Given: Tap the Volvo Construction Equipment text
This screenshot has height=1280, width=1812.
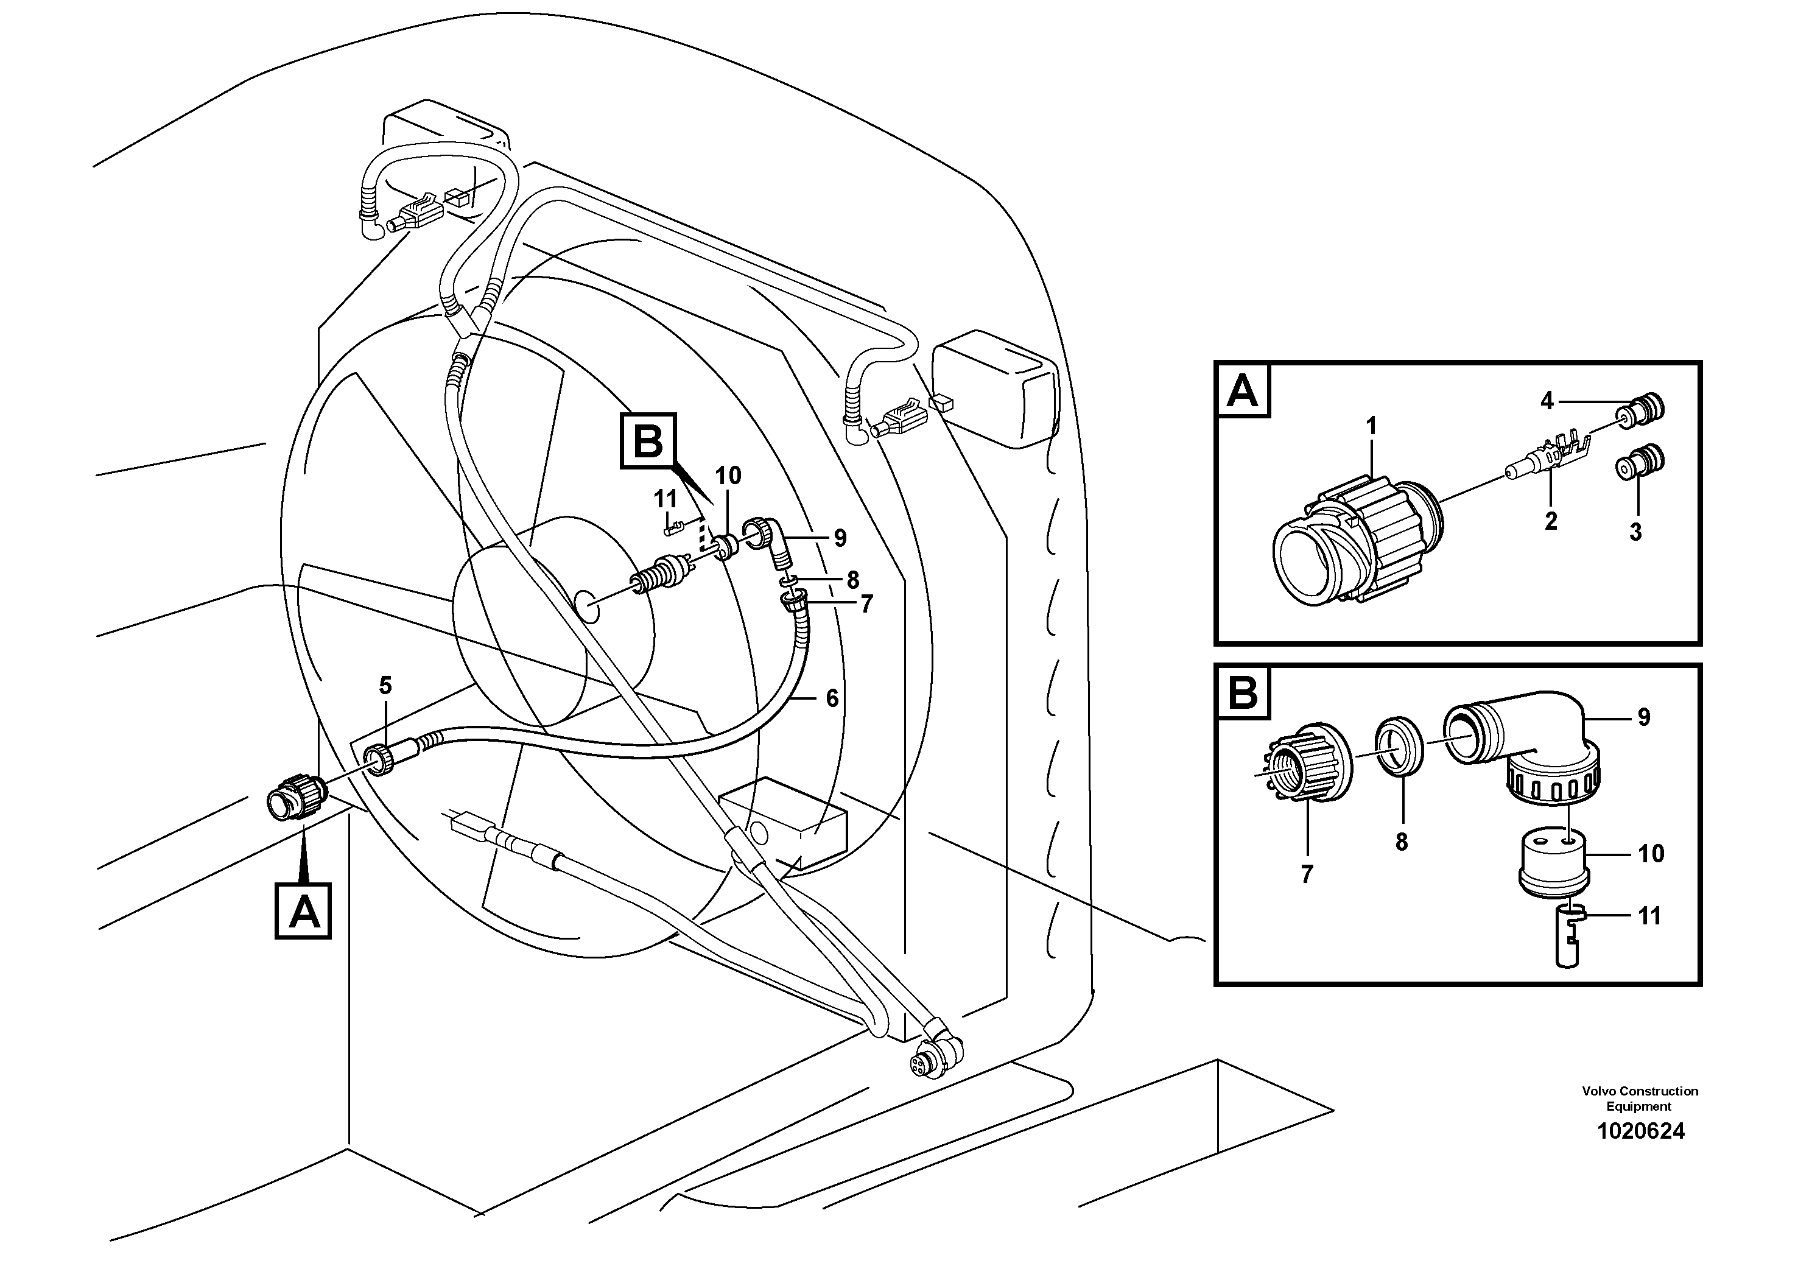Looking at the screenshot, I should (x=1639, y=1099).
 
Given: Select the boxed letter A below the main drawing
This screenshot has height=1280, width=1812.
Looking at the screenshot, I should (x=303, y=912).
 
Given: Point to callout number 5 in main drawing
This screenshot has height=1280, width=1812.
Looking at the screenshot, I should (x=385, y=686).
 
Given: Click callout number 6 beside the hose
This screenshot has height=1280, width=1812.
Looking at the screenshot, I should (x=832, y=698).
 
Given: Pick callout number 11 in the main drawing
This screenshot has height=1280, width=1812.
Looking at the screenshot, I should (x=665, y=499).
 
